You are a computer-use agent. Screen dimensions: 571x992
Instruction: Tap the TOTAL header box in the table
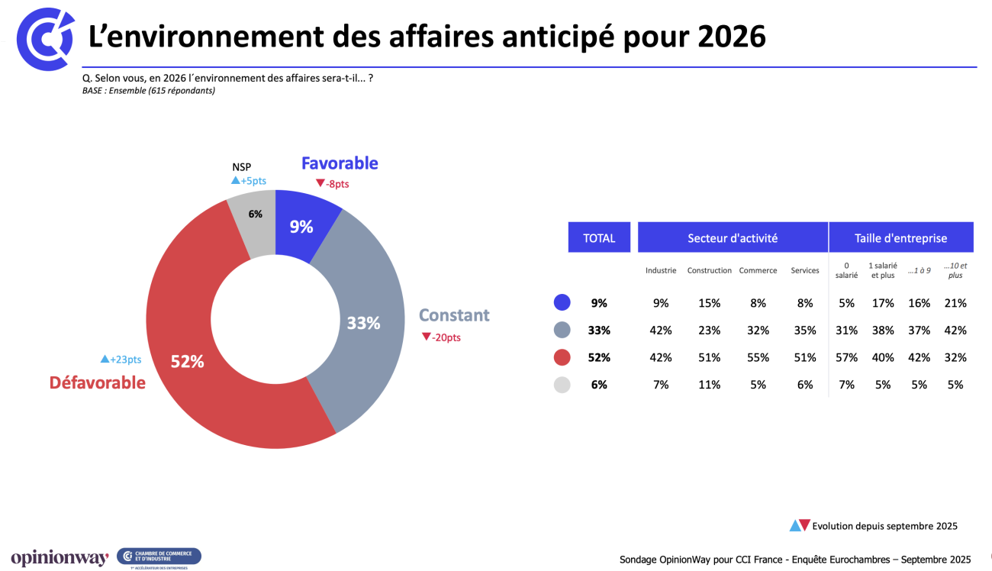[599, 237]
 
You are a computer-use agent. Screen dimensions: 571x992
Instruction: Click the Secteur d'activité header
[733, 237]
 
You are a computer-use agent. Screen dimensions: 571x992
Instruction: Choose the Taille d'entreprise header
[900, 237]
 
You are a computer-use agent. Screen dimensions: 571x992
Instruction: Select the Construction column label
[709, 270]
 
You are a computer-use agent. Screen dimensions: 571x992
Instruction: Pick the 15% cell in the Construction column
[709, 303]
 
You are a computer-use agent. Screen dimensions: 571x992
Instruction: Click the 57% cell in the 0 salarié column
[846, 357]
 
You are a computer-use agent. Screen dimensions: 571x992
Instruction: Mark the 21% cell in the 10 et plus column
[955, 303]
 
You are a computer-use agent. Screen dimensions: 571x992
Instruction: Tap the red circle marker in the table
[562, 357]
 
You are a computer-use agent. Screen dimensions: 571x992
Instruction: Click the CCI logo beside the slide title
[44, 38]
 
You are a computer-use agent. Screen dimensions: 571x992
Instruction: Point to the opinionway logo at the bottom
[60, 558]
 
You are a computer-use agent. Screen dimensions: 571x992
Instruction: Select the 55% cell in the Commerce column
[758, 357]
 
